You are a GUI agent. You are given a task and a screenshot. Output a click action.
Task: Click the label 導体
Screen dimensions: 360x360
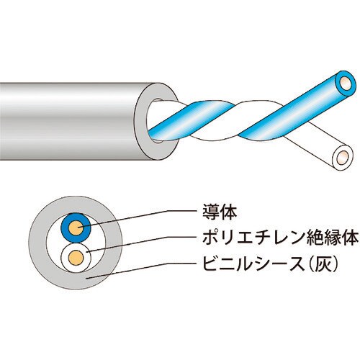[220, 212]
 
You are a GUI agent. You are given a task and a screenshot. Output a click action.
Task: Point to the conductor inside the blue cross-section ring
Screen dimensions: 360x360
[76, 228]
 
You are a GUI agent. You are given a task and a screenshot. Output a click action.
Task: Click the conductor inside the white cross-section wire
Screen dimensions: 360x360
[76, 258]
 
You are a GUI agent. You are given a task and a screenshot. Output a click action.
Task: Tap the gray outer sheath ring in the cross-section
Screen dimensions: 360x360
[36, 240]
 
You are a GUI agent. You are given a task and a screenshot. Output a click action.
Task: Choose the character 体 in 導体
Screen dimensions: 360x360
[229, 212]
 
